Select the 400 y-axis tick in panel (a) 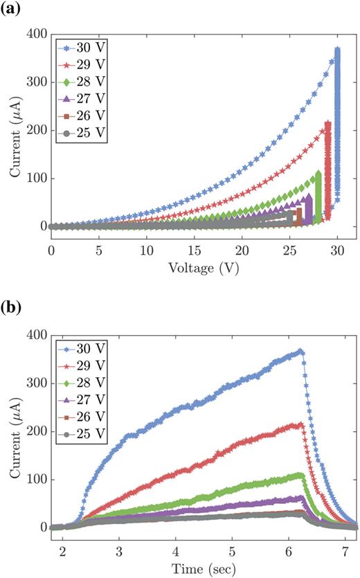35,34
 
